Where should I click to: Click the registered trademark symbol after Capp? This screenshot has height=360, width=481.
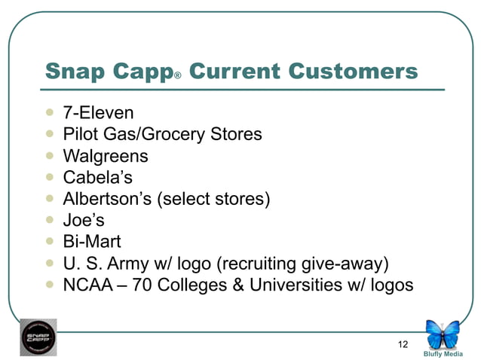tap(178, 76)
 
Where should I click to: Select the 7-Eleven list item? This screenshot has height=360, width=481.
tap(98, 114)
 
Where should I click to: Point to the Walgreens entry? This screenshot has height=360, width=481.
tap(106, 157)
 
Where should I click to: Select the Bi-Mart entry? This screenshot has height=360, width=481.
tap(92, 243)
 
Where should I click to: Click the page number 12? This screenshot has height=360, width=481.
tap(403, 344)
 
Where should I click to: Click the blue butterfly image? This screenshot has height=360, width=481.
tap(443, 334)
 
